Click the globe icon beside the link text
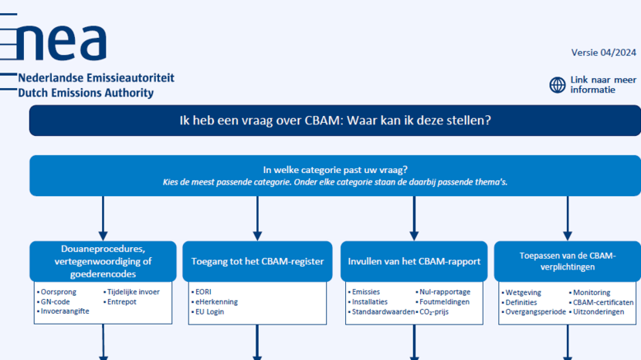pyautogui.click(x=557, y=85)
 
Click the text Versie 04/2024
pyautogui.click(x=603, y=53)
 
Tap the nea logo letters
pyautogui.click(x=62, y=42)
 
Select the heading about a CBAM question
pyautogui.click(x=335, y=121)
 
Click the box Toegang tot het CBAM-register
pyautogui.click(x=257, y=261)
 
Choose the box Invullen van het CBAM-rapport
pyautogui.click(x=414, y=261)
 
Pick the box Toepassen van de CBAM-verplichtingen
pyautogui.click(x=568, y=261)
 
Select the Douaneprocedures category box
pyautogui.click(x=103, y=261)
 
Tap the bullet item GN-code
pyautogui.click(x=55, y=301)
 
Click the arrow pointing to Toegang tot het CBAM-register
pyautogui.click(x=257, y=219)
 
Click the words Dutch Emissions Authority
pyautogui.click(x=86, y=93)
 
